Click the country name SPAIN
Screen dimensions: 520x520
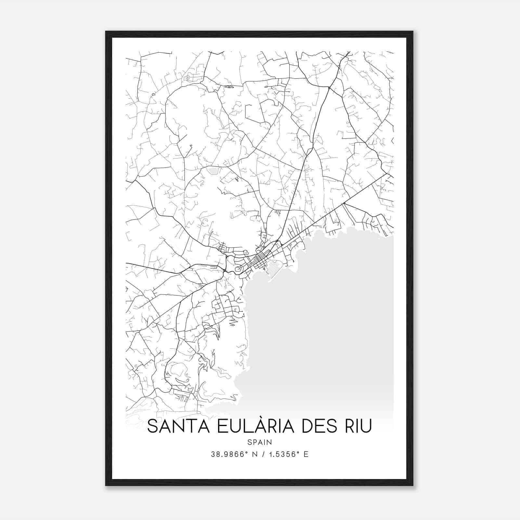(x=259, y=442)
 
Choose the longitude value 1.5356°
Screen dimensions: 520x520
(x=283, y=454)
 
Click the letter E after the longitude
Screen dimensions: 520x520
(x=306, y=454)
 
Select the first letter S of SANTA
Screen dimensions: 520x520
(x=152, y=427)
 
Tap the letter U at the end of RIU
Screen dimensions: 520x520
(x=367, y=427)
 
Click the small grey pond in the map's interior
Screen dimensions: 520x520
(x=213, y=170)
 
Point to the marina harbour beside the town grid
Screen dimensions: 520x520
(x=272, y=267)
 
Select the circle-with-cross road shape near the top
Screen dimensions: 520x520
(x=188, y=78)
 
